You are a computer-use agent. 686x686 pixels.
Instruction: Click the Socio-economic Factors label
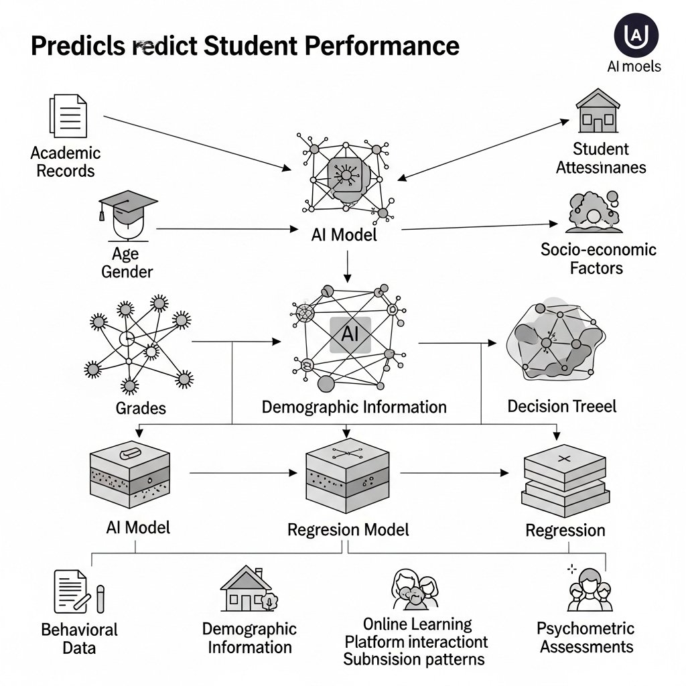(x=598, y=259)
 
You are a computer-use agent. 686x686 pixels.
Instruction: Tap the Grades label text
(x=141, y=407)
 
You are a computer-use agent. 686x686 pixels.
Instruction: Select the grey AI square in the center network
(x=350, y=335)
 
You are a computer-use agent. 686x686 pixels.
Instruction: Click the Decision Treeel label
(x=561, y=406)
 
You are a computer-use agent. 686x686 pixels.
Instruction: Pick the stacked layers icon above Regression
(x=565, y=479)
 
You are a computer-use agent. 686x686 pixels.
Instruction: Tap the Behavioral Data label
(x=79, y=638)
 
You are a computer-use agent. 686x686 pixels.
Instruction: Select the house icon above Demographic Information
(x=249, y=590)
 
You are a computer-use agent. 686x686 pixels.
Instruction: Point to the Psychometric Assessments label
(x=586, y=638)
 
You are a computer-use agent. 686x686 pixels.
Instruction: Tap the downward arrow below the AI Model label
(x=347, y=266)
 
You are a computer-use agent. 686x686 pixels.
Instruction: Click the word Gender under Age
(x=127, y=271)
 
